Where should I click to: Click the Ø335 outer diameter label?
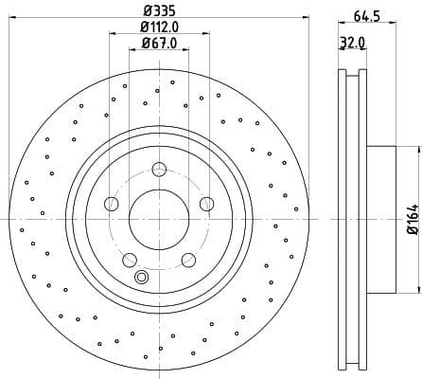click(x=158, y=9)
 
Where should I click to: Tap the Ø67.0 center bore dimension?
click(x=158, y=43)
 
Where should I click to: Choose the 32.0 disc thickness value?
click(x=351, y=44)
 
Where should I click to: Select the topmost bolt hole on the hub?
click(x=159, y=170)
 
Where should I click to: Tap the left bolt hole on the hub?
click(x=113, y=203)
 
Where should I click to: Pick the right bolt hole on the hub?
click(x=205, y=203)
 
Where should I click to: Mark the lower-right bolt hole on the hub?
click(x=187, y=258)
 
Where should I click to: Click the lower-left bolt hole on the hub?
click(x=130, y=258)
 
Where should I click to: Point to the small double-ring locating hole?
click(x=142, y=277)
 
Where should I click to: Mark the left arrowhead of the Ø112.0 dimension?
click(x=113, y=35)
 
